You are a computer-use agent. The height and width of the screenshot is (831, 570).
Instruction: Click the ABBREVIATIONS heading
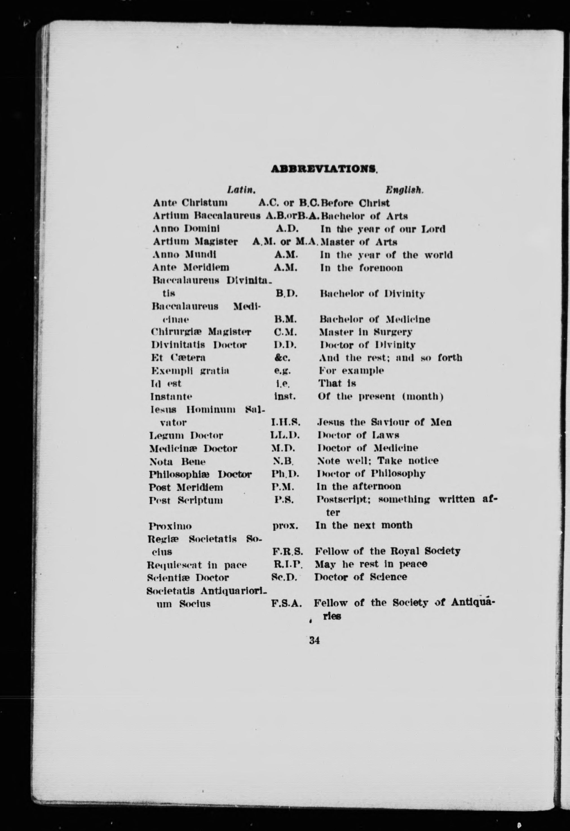pos(324,168)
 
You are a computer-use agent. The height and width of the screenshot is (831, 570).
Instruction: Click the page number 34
pos(315,640)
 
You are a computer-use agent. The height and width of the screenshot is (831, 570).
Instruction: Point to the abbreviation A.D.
pos(286,228)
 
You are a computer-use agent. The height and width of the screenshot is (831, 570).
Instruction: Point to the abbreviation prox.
pos(285,526)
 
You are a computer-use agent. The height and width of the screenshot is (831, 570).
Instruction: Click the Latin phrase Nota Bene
pos(177,461)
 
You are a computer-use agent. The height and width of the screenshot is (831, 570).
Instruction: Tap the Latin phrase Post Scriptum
pos(186,500)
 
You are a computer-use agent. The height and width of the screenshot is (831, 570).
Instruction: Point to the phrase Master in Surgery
pos(366,332)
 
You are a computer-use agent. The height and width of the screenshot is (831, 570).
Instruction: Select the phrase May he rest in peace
pos(371,564)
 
